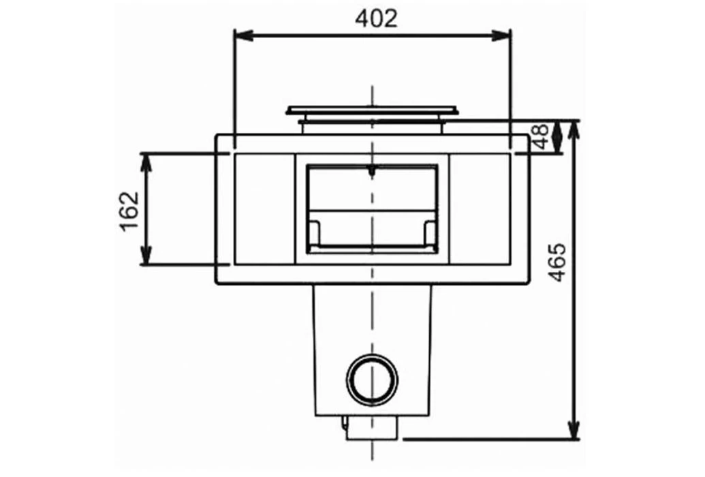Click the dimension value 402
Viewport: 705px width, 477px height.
coord(376,18)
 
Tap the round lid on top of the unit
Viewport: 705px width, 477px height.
coord(372,110)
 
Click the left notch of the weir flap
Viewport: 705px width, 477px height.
coord(315,232)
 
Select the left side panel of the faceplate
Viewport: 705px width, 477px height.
coord(264,209)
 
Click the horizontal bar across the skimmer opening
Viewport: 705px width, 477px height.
coord(372,211)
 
